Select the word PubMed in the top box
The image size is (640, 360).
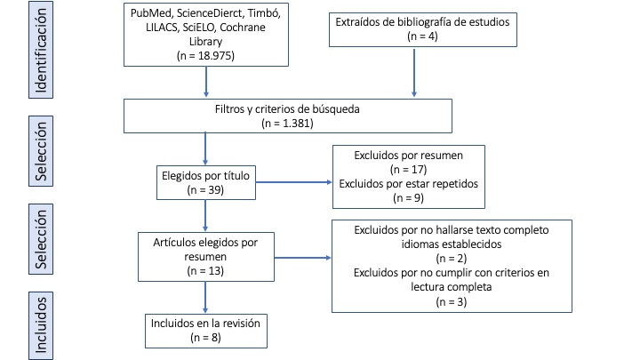152,14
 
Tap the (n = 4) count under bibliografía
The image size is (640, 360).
414,36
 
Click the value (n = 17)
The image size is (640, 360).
408,170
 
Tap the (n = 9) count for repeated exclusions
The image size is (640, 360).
408,198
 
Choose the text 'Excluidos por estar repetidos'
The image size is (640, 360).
408,184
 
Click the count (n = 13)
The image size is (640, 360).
206,269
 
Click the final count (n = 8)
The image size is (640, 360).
205,338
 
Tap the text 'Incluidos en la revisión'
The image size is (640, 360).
206,324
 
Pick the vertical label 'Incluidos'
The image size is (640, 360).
42,325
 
